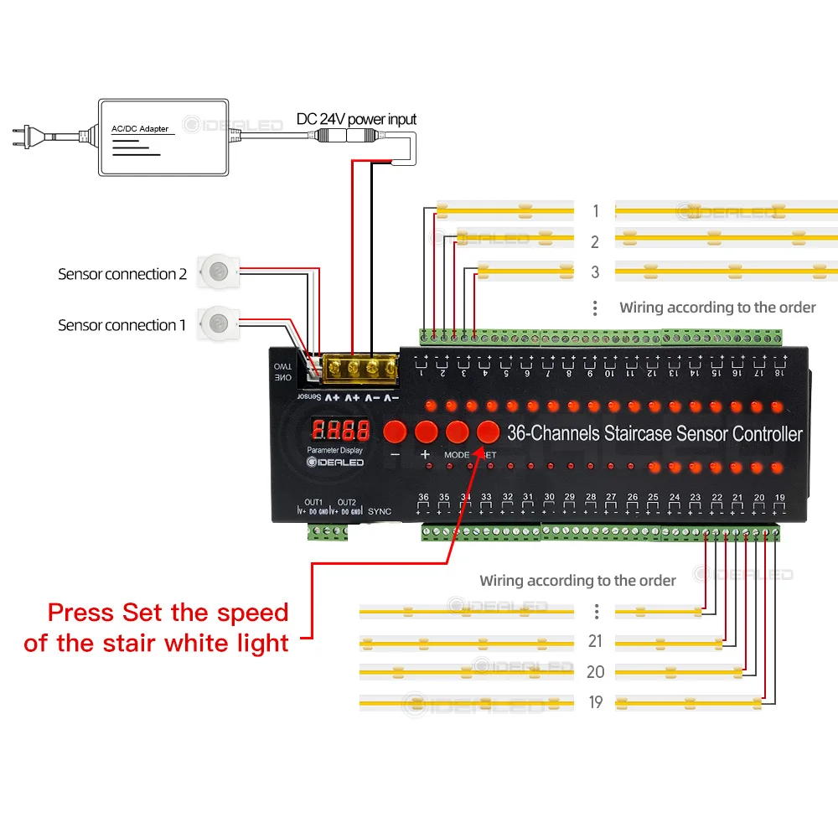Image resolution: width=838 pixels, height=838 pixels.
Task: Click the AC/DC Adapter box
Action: pyautogui.click(x=163, y=137)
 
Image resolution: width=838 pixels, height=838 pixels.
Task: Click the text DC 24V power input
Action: pyautogui.click(x=356, y=119)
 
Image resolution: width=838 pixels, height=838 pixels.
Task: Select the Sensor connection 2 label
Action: pyautogui.click(x=122, y=274)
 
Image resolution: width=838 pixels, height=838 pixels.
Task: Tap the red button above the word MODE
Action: pyautogui.click(x=457, y=432)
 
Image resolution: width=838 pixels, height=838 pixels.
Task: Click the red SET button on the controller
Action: pyautogui.click(x=488, y=432)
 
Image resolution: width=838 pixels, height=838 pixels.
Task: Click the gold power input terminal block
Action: pyautogui.click(x=363, y=367)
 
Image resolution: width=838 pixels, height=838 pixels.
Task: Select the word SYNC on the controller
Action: pyautogui.click(x=380, y=511)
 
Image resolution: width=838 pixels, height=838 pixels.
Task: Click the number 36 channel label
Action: pyautogui.click(x=423, y=498)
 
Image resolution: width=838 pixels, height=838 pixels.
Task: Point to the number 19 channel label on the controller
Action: pyautogui.click(x=779, y=498)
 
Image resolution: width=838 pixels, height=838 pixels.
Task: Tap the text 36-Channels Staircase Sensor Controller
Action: pyautogui.click(x=654, y=433)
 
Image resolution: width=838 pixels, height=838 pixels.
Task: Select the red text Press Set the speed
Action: pyautogui.click(x=168, y=612)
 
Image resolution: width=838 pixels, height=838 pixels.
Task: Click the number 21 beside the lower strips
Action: pyautogui.click(x=595, y=642)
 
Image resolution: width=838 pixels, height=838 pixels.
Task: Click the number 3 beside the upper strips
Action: pyautogui.click(x=595, y=272)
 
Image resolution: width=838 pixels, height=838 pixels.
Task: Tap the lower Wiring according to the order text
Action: pyautogui.click(x=577, y=581)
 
